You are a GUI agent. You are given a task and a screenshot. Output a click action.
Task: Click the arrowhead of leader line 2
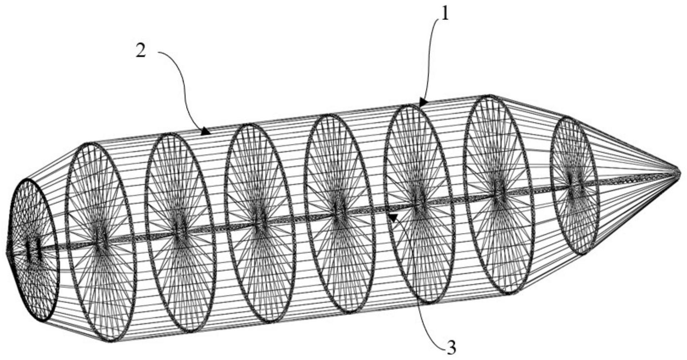click(206, 132)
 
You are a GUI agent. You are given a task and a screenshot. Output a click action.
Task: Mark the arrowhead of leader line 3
click(393, 217)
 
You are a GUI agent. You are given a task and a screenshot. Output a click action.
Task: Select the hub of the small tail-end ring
click(33, 251)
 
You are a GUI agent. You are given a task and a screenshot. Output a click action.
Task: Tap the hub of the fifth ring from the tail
click(339, 213)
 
